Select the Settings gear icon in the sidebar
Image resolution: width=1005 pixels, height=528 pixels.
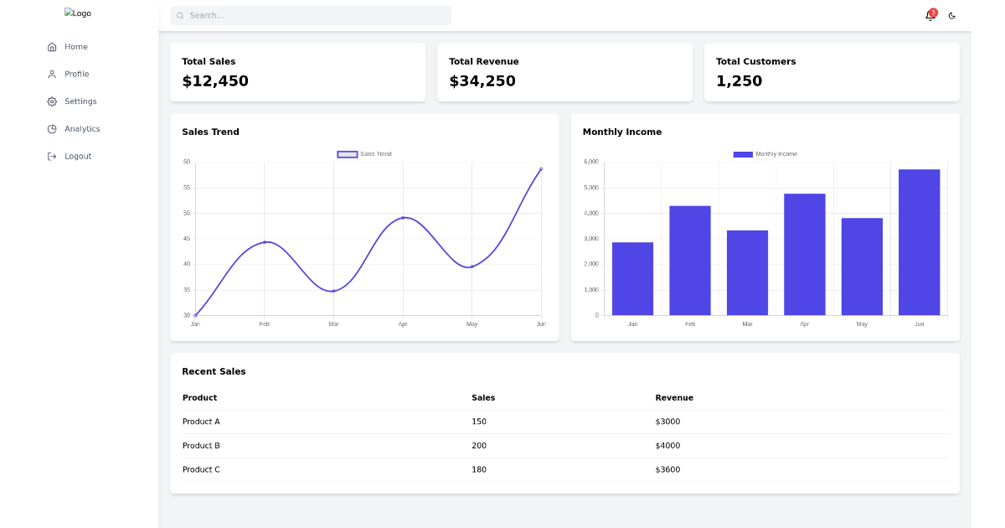pyautogui.click(x=52, y=101)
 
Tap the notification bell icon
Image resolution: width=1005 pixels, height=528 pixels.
pyautogui.click(x=929, y=15)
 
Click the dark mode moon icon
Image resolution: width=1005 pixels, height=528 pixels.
pyautogui.click(x=951, y=15)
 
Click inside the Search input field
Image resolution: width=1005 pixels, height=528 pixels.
pyautogui.click(x=311, y=15)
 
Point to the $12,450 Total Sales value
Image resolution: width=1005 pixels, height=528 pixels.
pyautogui.click(x=215, y=81)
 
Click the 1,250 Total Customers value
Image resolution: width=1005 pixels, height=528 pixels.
pyautogui.click(x=739, y=81)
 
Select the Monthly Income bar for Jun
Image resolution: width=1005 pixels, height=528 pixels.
pyautogui.click(x=919, y=242)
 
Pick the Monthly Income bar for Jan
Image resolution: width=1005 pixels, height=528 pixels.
pyautogui.click(x=632, y=278)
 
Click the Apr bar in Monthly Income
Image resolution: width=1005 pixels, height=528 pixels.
pyautogui.click(x=804, y=254)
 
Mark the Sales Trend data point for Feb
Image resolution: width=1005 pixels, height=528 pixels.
pyautogui.click(x=265, y=242)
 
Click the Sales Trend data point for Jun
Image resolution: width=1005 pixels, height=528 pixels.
pyautogui.click(x=541, y=169)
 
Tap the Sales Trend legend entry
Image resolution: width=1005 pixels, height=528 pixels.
pyautogui.click(x=365, y=154)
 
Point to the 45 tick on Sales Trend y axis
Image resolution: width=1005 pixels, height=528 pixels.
pyautogui.click(x=187, y=239)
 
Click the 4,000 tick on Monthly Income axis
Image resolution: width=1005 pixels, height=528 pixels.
pyautogui.click(x=590, y=213)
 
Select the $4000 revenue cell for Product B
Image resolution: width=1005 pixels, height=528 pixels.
pyautogui.click(x=667, y=446)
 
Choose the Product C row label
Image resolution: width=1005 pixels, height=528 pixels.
pyautogui.click(x=201, y=469)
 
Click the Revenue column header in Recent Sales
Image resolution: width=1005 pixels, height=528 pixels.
pyautogui.click(x=674, y=398)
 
